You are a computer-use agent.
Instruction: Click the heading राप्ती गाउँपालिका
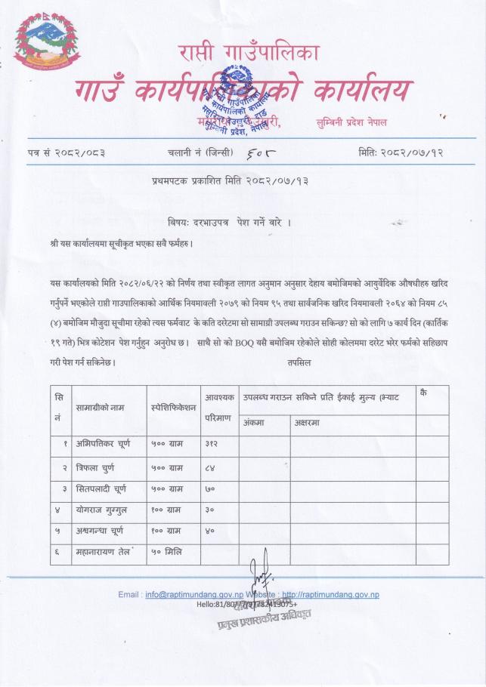tap(249, 54)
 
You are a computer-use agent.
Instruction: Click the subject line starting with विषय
tap(229, 224)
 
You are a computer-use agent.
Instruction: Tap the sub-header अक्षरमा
tap(306, 422)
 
